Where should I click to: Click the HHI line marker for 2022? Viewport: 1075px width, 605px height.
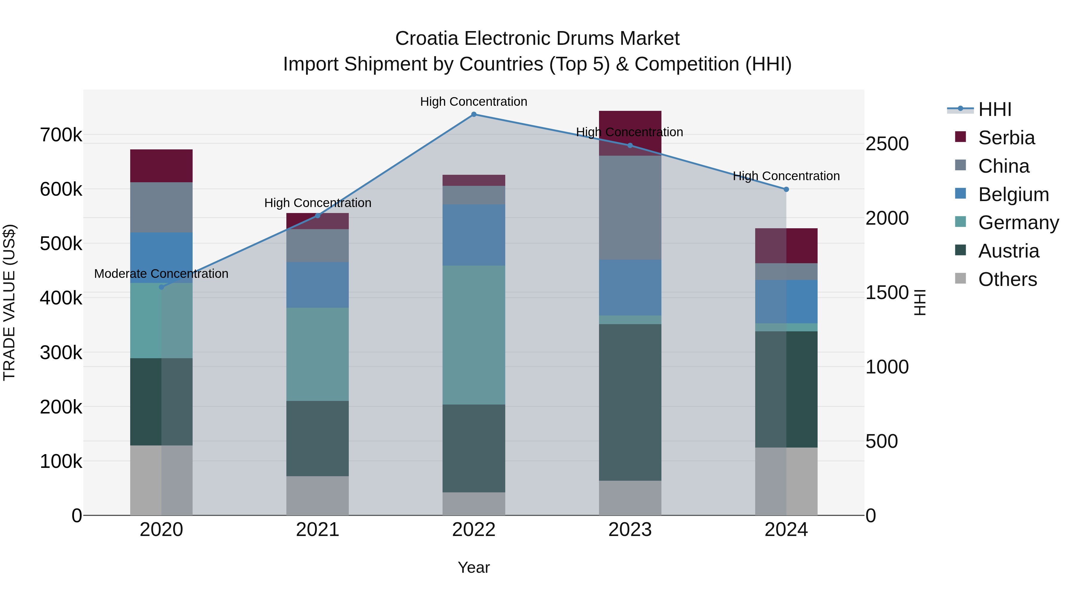(x=474, y=114)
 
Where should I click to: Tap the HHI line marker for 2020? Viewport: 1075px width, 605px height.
(x=162, y=287)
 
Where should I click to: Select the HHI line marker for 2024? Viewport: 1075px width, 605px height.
(x=786, y=189)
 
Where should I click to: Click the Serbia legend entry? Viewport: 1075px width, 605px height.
(x=1006, y=138)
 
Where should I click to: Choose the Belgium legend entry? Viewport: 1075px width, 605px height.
(x=1013, y=194)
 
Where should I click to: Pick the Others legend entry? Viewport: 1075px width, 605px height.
(x=1007, y=279)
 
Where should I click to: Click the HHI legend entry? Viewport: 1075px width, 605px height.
(x=994, y=109)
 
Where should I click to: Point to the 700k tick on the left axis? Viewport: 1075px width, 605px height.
(x=61, y=135)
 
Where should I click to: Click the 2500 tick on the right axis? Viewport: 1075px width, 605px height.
(x=887, y=144)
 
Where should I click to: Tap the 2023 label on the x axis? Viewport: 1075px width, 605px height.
(x=630, y=530)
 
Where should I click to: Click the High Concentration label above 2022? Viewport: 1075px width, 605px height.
(x=474, y=102)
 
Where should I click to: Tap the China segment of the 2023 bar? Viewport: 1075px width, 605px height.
(x=630, y=208)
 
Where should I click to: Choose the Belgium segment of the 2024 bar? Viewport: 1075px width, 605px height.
(x=786, y=301)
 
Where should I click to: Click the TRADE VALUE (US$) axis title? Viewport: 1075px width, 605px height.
(x=9, y=302)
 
